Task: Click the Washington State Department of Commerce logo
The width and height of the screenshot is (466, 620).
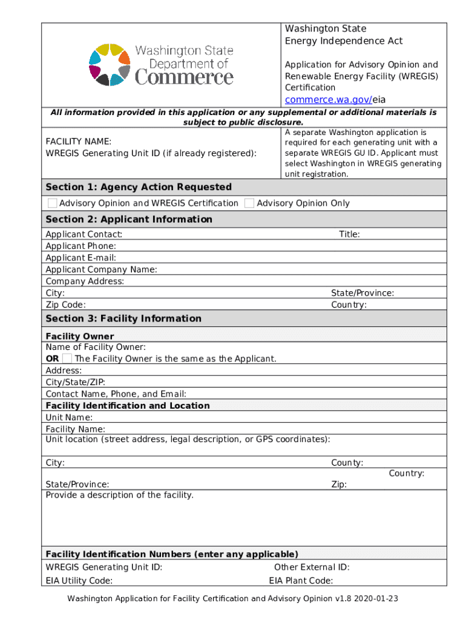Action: point(161,65)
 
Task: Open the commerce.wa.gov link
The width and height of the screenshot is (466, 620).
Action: point(328,100)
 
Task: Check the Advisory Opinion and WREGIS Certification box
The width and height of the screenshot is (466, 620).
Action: point(53,203)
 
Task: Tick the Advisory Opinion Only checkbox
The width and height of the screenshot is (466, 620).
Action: point(249,203)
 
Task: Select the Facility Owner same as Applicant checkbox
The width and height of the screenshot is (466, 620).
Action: point(67,358)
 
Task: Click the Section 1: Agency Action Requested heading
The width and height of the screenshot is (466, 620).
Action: point(139,187)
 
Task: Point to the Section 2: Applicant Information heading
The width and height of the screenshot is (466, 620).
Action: point(129,219)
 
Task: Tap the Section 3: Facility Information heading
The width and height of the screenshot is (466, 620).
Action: point(123,318)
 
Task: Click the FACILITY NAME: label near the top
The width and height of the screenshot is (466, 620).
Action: point(78,142)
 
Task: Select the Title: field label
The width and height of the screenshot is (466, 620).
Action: point(349,234)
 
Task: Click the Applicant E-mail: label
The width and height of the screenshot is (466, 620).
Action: point(81,258)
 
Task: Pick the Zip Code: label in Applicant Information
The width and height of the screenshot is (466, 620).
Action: point(65,305)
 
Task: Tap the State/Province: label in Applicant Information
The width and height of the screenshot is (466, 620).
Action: point(362,293)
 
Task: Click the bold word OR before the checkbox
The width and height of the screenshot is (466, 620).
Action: point(52,358)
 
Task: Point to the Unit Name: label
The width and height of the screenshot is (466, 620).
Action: point(69,417)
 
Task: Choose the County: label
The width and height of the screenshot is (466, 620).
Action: point(347,463)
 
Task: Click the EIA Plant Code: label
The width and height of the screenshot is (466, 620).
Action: point(301,581)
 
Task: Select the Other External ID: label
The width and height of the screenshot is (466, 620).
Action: point(312,567)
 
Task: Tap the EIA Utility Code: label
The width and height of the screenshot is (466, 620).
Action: point(79,581)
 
